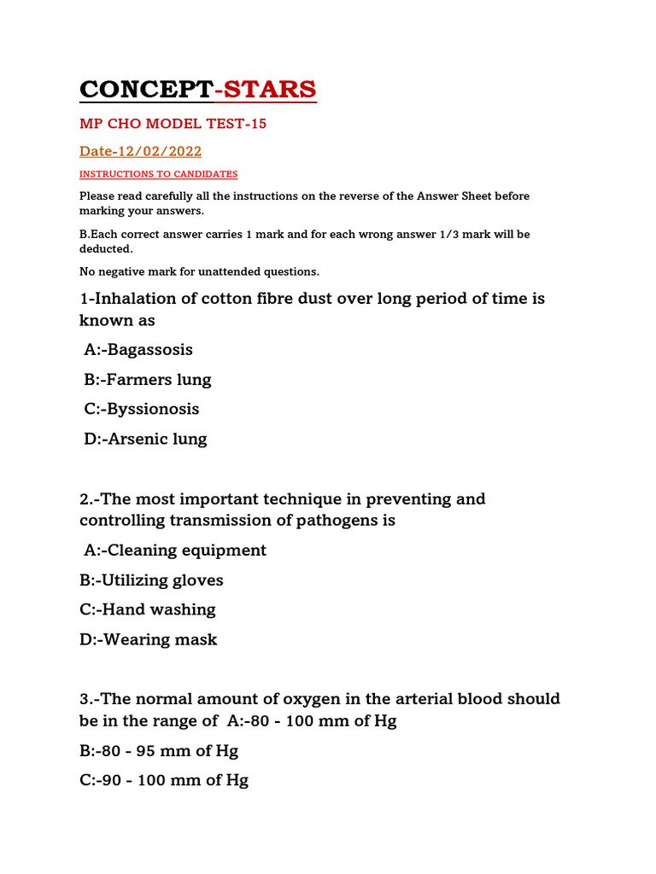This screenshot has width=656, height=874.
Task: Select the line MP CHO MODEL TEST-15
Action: [x=173, y=125]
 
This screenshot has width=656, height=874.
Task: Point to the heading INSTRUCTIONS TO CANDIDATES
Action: [x=159, y=174]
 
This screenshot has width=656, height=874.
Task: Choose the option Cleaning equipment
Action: [x=175, y=551]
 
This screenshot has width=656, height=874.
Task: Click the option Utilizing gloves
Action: [x=151, y=580]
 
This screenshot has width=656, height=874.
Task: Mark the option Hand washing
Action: [x=148, y=610]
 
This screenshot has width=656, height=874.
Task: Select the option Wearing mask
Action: [x=149, y=640]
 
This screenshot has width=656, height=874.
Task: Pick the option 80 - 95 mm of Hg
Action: [x=159, y=751]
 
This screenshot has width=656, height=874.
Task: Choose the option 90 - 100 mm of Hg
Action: [x=164, y=781]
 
